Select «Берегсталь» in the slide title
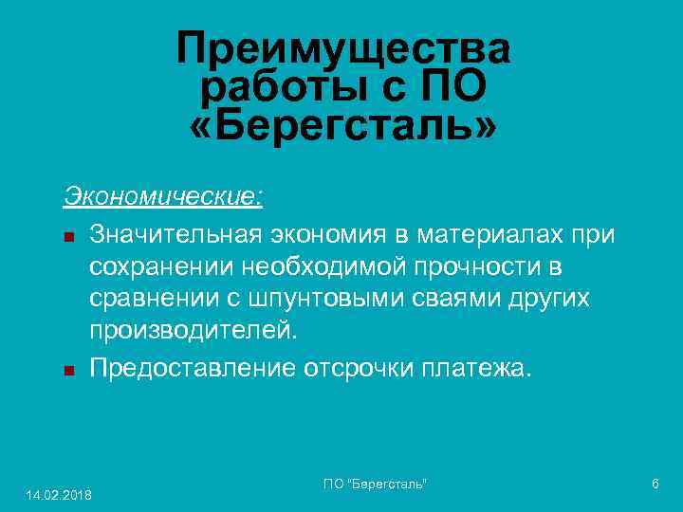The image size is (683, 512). [342, 127]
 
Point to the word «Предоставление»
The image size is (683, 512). [193, 366]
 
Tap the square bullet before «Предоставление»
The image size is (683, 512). [68, 368]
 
